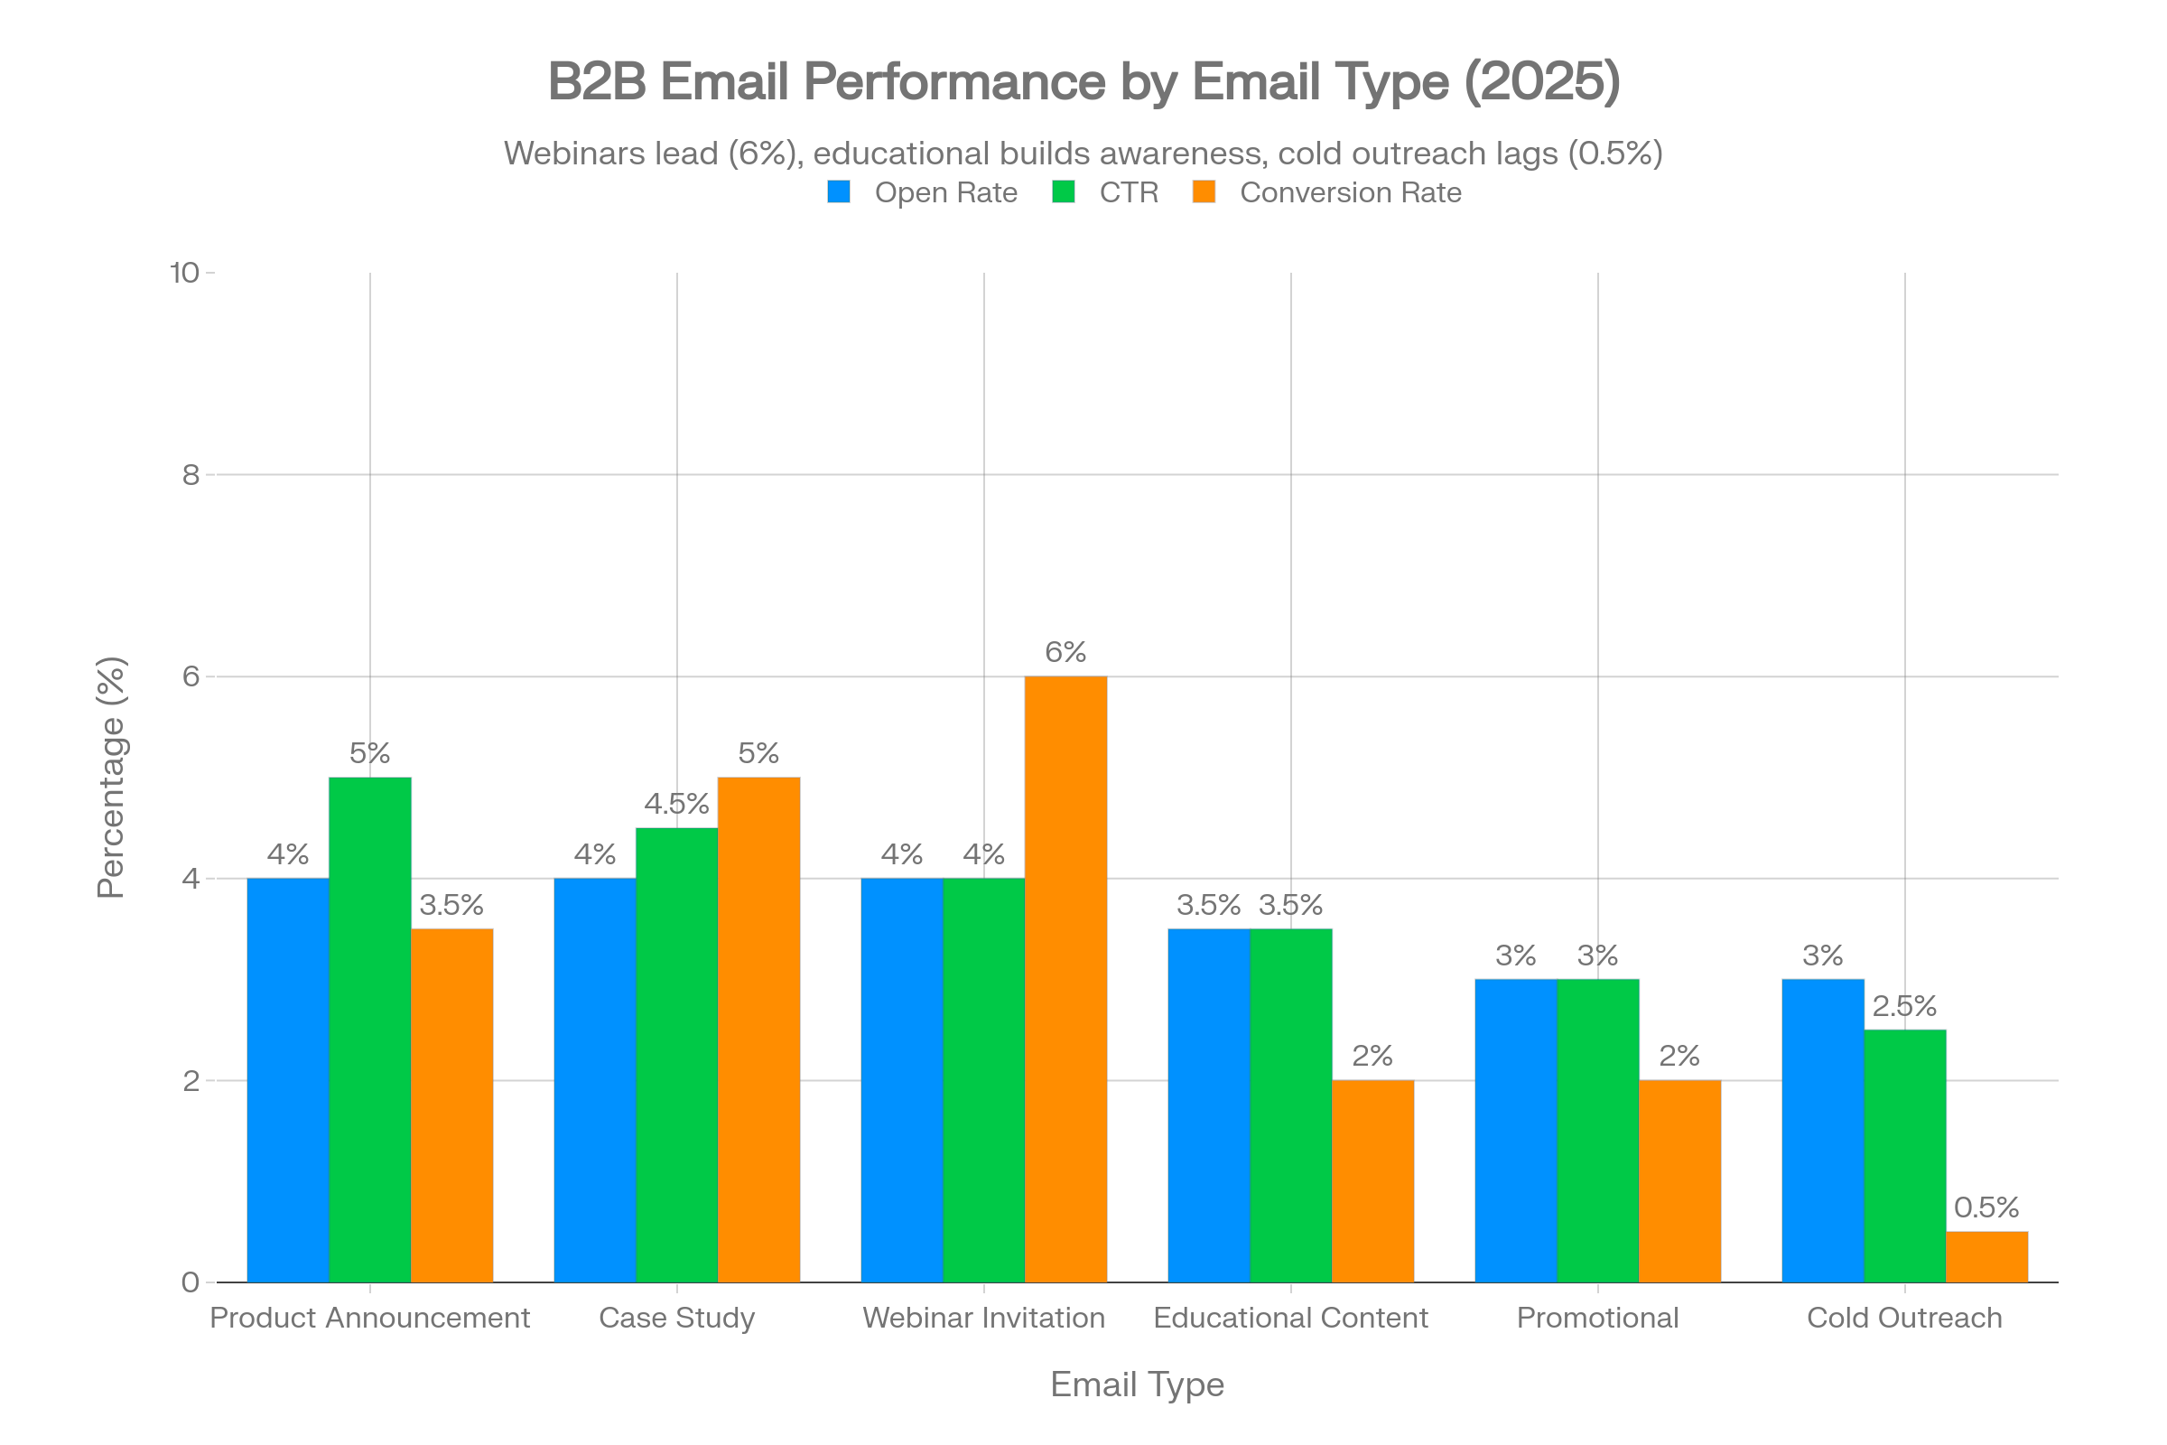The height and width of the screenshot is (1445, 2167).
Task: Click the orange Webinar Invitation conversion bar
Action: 1066,979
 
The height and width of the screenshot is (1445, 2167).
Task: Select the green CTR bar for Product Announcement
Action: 369,1030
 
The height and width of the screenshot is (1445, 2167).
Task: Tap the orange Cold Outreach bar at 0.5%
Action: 1987,1256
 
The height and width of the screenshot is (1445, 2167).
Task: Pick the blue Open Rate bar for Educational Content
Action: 1208,1105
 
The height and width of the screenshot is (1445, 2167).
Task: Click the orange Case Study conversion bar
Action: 758,1030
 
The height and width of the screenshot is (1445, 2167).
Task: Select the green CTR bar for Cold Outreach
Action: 1905,1155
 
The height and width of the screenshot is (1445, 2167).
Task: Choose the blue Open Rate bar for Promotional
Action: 1516,1130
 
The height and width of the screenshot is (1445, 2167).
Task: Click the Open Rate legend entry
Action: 945,192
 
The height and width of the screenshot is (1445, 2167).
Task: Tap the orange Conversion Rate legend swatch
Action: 1204,191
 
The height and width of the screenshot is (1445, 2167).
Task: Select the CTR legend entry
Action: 1128,192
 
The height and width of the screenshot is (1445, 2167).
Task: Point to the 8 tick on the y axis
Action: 191,475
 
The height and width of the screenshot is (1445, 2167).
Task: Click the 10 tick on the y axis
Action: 184,273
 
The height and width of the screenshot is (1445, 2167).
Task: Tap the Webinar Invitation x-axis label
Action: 983,1318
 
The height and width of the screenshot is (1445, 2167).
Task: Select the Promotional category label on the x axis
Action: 1596,1318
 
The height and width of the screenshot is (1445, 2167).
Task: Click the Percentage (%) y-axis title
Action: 111,777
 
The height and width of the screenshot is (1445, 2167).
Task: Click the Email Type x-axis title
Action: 1137,1384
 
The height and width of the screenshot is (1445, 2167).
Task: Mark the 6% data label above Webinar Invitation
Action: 1065,652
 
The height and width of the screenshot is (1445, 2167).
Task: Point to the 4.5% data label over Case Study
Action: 676,804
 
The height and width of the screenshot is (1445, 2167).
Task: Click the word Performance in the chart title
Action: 954,81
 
